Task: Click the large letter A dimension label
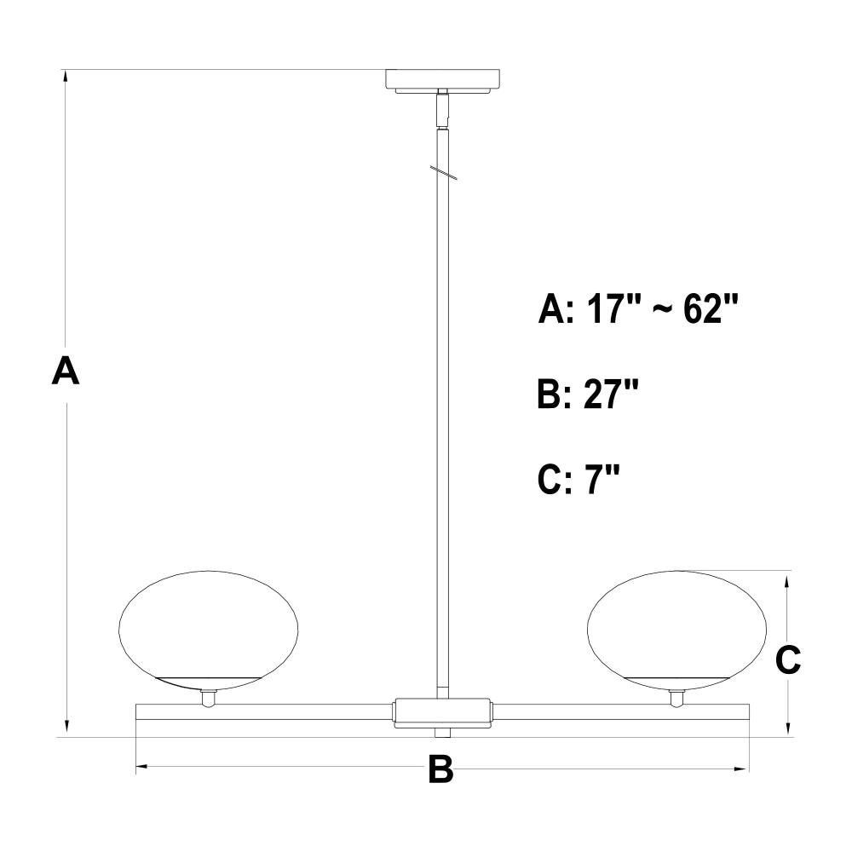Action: (x=66, y=371)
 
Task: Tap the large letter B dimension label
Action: (x=440, y=769)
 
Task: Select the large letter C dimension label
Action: (x=788, y=659)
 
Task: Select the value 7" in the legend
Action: (x=602, y=479)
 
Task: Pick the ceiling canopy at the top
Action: (x=443, y=80)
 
